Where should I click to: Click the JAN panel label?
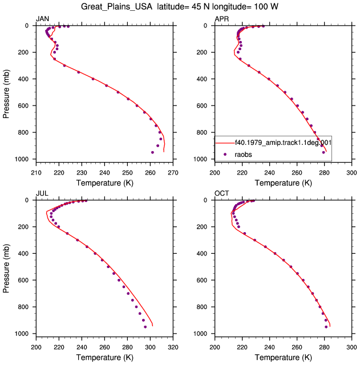[x=42, y=19]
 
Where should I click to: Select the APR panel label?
[x=222, y=19]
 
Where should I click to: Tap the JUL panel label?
[x=42, y=193]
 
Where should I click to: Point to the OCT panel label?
[x=222, y=193]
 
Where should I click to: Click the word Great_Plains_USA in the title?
[x=116, y=6]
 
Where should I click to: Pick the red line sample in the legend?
[x=225, y=143]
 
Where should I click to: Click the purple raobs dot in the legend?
[x=225, y=155]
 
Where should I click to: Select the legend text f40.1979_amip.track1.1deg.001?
[x=283, y=142]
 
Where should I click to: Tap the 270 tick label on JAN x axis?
[x=173, y=173]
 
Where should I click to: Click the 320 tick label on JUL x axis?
[x=173, y=347]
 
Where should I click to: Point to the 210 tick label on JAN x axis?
[x=36, y=173]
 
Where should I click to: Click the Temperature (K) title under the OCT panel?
[x=283, y=358]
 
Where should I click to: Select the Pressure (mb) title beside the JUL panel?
[x=6, y=268]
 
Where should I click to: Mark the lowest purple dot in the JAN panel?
[x=152, y=152]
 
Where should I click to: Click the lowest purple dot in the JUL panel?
[x=145, y=327]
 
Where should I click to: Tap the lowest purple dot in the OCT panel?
[x=326, y=327]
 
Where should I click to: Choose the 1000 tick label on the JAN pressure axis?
[x=22, y=159]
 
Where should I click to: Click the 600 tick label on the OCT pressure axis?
[x=202, y=280]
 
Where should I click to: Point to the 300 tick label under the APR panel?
[x=351, y=173]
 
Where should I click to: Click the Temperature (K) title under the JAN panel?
[x=104, y=183]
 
